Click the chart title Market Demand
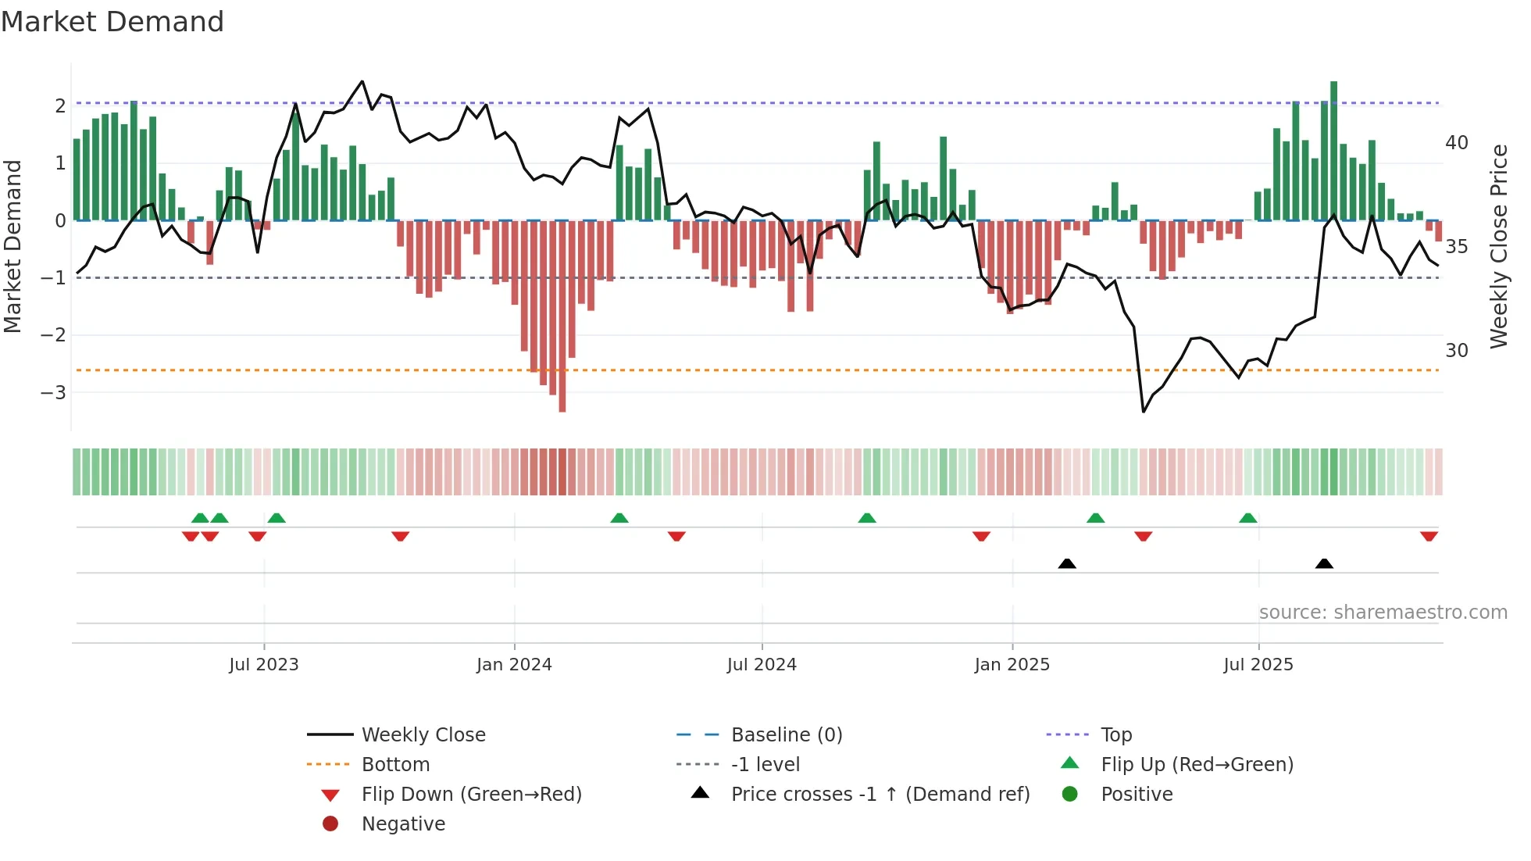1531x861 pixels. tap(112, 22)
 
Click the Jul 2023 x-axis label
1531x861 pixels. tap(263, 665)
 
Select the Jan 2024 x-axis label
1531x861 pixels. tap(514, 665)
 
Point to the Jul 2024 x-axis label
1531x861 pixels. tap(762, 665)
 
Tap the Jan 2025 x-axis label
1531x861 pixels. tap(1012, 665)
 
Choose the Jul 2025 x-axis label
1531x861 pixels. tap(1258, 665)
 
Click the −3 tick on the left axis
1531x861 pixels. tap(53, 392)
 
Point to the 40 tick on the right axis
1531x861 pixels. tap(1456, 143)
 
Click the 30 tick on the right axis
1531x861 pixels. tap(1456, 351)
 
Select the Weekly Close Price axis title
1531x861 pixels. tap(1498, 246)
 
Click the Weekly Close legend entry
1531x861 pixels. tap(423, 735)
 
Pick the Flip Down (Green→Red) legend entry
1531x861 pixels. tap(471, 795)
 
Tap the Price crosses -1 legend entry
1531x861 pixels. tap(880, 795)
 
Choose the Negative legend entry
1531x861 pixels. tap(403, 824)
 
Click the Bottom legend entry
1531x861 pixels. tap(395, 765)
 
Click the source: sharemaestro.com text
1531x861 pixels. tap(1383, 613)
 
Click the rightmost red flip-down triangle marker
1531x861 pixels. tap(1429, 536)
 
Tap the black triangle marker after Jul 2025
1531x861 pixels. tap(1324, 563)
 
